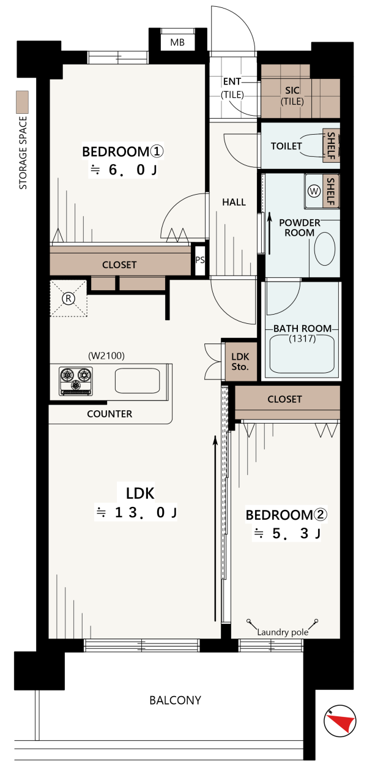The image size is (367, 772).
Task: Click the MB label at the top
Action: pos(177,42)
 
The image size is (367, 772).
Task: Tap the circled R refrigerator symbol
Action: pos(69,298)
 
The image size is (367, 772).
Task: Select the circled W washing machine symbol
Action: pos(314,191)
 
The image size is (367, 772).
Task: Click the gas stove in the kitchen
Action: pos(76,381)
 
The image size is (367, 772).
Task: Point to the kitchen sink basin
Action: pos(138,381)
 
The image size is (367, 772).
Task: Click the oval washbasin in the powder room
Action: pos(325,249)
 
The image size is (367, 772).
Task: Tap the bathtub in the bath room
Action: pos(302,355)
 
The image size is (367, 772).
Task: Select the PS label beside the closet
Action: pos(200,260)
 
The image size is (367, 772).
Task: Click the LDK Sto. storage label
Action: pos(240,362)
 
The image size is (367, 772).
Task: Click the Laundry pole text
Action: pos(283,632)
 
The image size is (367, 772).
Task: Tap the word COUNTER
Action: pos(109,414)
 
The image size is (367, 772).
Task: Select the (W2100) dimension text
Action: pos(106,355)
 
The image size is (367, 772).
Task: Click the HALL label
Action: pos(234,202)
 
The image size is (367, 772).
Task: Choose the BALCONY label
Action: pos(175,700)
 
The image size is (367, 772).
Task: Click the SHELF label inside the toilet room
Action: pos(331,146)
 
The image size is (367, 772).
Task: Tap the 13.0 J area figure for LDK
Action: pos(146,512)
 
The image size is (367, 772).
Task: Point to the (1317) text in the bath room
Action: pos(302,339)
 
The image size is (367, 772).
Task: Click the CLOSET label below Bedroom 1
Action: pos(119,264)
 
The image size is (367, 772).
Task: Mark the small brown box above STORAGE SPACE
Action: pos(23,102)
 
